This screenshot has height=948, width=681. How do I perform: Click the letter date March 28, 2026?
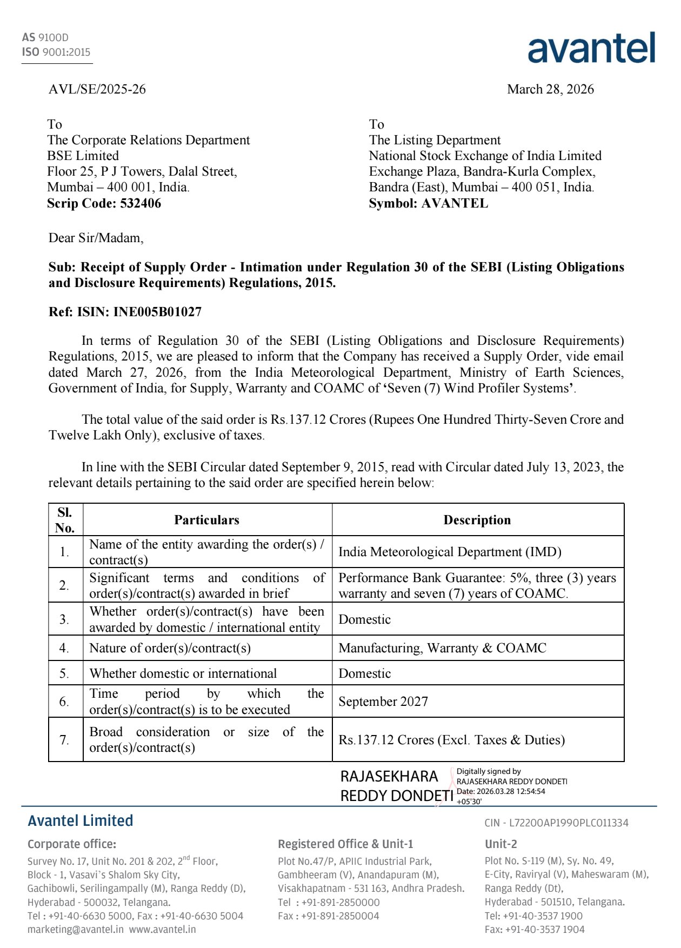[550, 89]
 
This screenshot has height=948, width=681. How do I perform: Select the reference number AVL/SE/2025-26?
[97, 89]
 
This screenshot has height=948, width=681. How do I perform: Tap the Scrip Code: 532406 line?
[104, 203]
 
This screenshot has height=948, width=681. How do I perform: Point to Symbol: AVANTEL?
[428, 203]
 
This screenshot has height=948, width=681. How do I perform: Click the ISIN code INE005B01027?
[157, 312]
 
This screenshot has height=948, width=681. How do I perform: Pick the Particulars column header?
[206, 520]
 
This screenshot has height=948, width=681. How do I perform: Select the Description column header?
[477, 520]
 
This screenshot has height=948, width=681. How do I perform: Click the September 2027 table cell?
[383, 702]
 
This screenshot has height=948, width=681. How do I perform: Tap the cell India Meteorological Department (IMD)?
[450, 552]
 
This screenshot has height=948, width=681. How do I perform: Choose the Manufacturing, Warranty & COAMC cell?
[442, 648]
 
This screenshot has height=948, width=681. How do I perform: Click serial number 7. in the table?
[64, 740]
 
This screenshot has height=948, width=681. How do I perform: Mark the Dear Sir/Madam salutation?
[96, 238]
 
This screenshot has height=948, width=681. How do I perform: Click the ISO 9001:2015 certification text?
[56, 52]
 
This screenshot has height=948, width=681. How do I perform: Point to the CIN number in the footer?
[556, 823]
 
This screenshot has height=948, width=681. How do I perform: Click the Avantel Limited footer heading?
[81, 821]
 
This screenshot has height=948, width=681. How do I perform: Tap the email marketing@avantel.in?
[76, 930]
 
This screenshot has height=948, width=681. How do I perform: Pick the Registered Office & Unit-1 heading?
[345, 844]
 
